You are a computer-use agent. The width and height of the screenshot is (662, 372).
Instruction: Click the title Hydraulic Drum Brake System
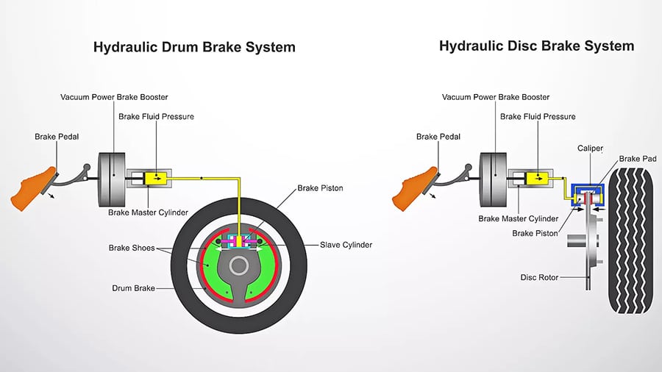(x=194, y=47)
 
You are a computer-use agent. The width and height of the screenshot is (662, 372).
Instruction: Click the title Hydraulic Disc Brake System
(x=536, y=46)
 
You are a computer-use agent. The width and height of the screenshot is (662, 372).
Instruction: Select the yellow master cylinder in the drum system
(x=156, y=177)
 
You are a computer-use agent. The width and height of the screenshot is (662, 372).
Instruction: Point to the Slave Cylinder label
(x=346, y=245)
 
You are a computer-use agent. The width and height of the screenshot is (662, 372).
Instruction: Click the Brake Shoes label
(x=132, y=248)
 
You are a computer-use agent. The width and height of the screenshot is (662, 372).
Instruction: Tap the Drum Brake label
(x=133, y=288)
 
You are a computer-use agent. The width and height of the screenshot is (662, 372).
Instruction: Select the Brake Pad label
(x=637, y=158)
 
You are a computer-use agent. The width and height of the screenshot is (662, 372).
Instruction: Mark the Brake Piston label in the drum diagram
(x=320, y=188)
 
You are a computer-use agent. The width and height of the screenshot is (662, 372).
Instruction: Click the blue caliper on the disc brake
(x=586, y=183)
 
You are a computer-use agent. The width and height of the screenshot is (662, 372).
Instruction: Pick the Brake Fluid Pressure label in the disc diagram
(x=538, y=116)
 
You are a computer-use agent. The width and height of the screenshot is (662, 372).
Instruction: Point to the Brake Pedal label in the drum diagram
(x=57, y=137)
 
